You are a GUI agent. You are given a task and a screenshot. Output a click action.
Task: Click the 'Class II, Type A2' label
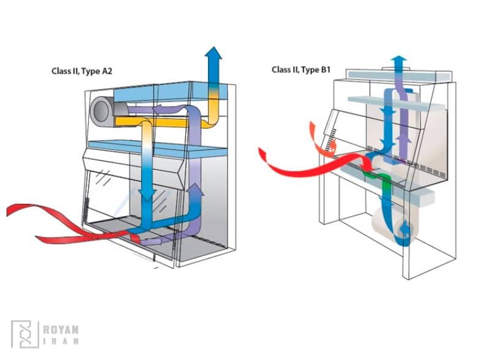tap(81, 71)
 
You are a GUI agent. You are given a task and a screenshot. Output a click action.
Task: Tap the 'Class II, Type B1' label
tap(304, 70)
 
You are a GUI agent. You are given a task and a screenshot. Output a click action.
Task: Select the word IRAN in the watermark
tap(60, 341)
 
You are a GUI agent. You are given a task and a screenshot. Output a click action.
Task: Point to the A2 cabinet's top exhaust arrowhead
tap(214, 53)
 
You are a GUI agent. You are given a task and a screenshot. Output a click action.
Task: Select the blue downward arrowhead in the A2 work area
tap(147, 195)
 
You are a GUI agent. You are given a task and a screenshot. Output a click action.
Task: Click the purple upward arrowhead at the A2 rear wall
tap(195, 190)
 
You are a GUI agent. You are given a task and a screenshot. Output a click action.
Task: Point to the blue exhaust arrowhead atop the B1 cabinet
tap(399, 60)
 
